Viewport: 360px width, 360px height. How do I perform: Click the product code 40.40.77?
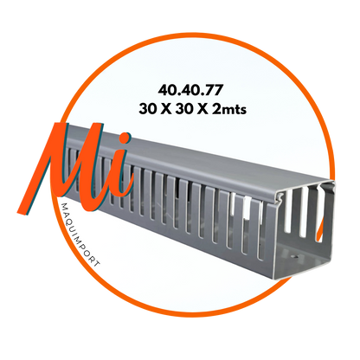tap(190, 90)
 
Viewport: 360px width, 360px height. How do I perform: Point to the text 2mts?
tap(229, 109)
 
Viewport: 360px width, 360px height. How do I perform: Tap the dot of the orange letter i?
tap(125, 139)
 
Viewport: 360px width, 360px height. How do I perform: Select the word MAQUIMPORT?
tap(80, 235)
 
